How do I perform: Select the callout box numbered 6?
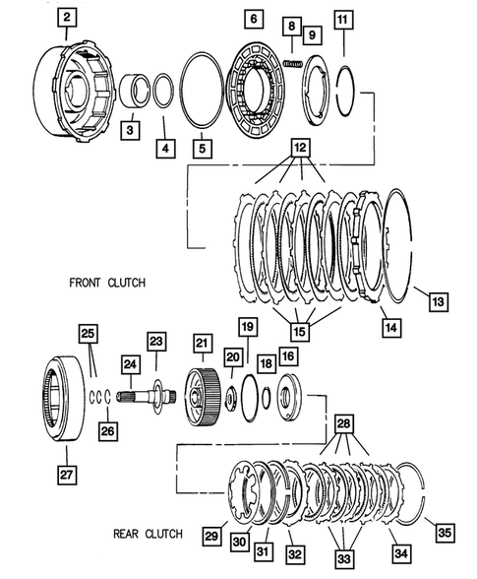[252, 19]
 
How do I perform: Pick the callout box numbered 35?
[447, 533]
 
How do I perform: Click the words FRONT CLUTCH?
[107, 283]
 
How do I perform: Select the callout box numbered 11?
[341, 19]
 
